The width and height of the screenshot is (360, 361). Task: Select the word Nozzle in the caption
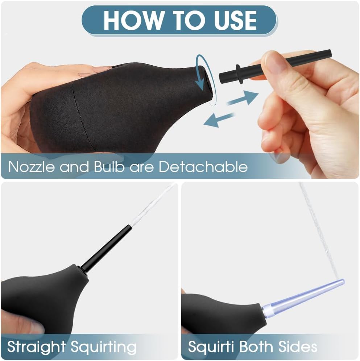(32, 166)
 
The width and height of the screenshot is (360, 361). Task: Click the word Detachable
(203, 166)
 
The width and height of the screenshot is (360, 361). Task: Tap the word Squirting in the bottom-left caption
(103, 347)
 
